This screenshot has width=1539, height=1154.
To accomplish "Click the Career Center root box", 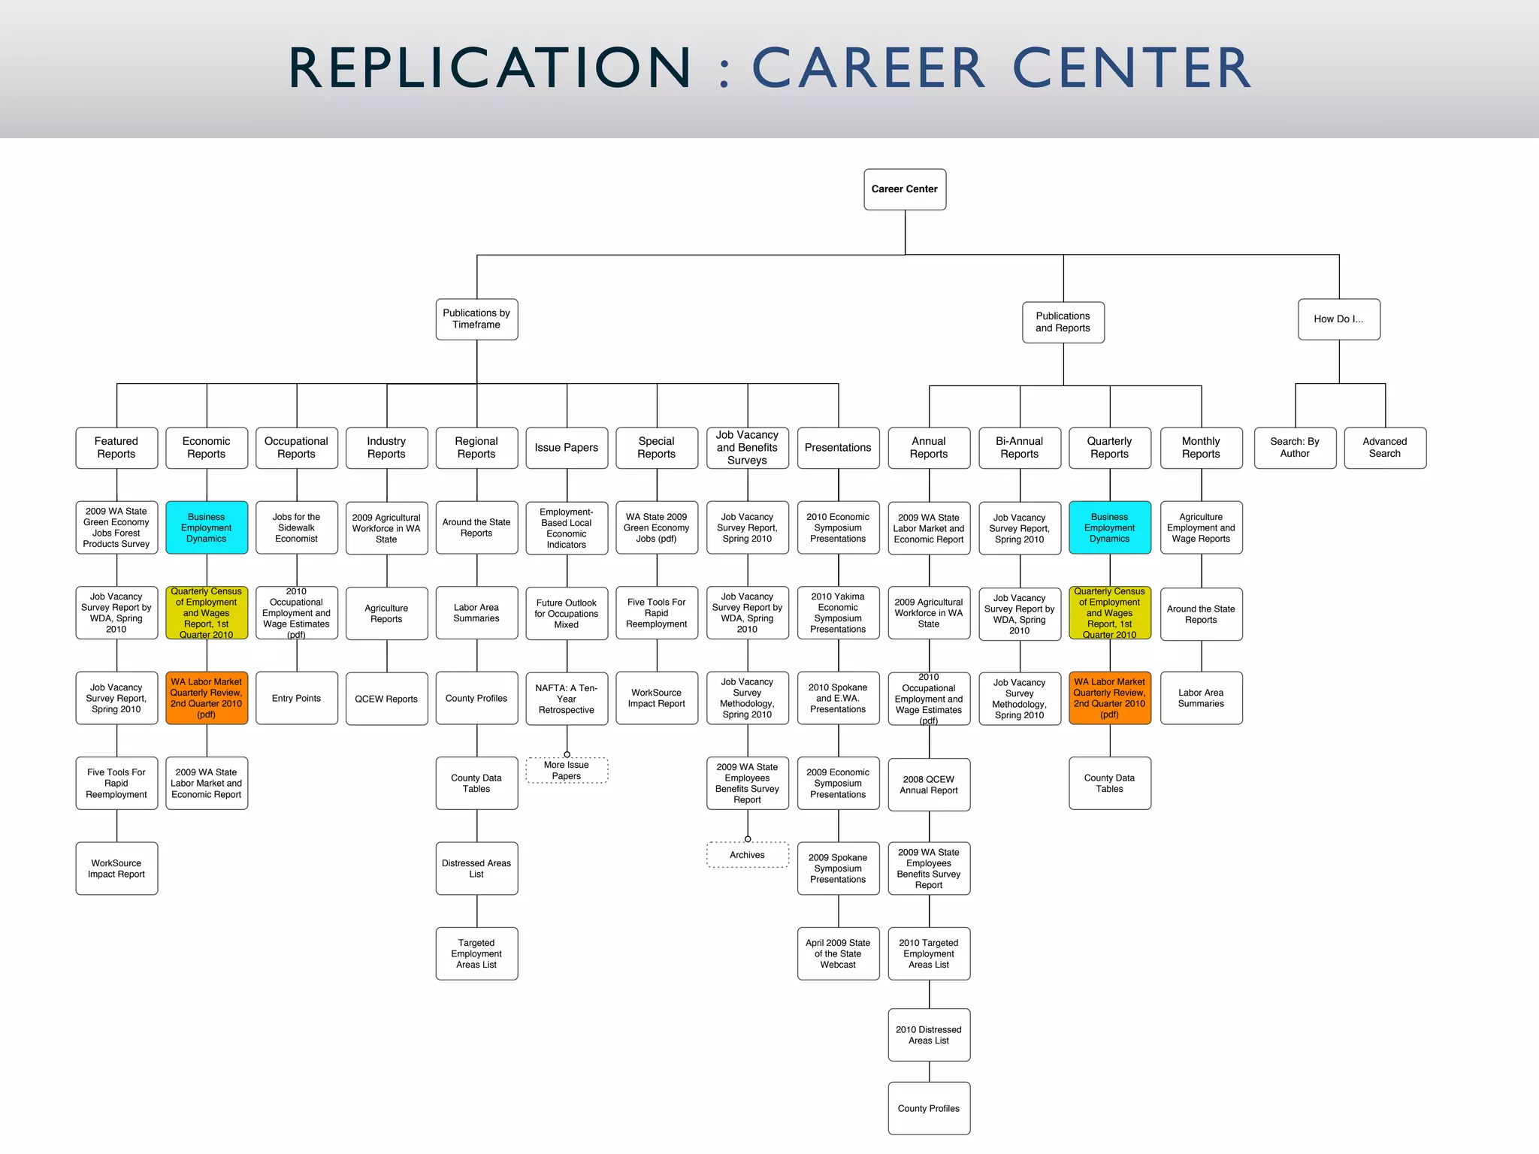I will pos(905,189).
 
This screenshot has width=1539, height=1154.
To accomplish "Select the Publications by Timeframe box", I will pos(476,319).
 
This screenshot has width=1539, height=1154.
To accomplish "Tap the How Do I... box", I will pos(1338,319).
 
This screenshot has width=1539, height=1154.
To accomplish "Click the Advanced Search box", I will pos(1384,448).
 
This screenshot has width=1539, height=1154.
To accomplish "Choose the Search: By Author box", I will pos(1295,448).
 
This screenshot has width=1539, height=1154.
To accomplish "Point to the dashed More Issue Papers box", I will pos(567,771).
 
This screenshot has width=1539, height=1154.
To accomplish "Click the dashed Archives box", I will pos(747,855).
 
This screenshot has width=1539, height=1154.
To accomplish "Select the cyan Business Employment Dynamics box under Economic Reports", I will pos(207,527).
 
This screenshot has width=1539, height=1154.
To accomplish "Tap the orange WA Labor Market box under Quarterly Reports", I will pos(1109,698).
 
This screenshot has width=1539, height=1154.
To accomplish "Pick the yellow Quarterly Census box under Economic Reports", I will pos(207,613).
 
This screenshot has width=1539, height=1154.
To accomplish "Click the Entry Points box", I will pos(297,698).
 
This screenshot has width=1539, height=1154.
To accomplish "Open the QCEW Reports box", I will pos(386,699).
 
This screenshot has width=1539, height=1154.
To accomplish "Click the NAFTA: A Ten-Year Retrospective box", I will pos(567,699).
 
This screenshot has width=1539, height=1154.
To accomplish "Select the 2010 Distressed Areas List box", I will pos(929,1035).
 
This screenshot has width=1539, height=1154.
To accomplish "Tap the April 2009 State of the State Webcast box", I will pos(838,953).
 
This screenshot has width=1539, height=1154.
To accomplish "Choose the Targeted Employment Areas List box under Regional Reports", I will pos(476,953).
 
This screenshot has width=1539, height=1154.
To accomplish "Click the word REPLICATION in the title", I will pos(489,68).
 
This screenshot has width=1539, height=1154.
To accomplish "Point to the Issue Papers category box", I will pos(567,448).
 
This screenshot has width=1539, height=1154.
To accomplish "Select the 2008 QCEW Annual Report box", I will pos(929,784).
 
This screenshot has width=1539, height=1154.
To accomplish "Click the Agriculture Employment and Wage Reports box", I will pos(1201,527).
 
